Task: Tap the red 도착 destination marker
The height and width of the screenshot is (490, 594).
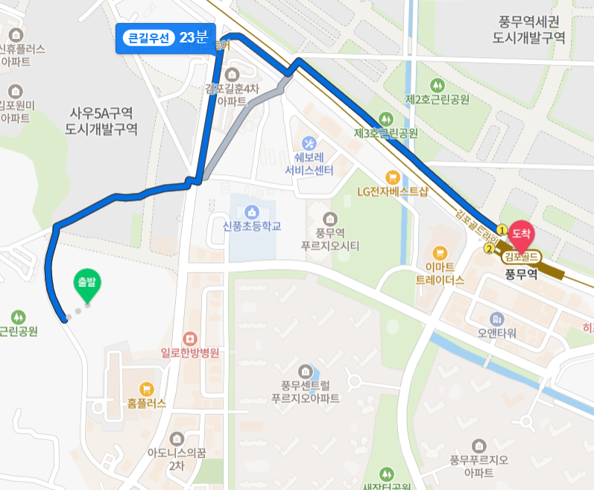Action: click(521, 235)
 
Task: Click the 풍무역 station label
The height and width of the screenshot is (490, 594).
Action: click(521, 274)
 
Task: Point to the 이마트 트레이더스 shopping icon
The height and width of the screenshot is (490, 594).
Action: click(440, 252)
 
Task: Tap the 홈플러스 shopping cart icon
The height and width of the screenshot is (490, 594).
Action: click(146, 387)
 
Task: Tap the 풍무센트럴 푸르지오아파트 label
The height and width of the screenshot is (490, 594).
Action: click(305, 392)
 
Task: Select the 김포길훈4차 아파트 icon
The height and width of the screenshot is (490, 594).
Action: click(231, 74)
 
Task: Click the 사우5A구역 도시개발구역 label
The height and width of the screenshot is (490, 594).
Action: click(101, 121)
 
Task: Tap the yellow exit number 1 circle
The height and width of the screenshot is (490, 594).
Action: click(502, 229)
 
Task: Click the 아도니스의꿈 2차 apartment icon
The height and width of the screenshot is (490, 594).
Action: click(176, 437)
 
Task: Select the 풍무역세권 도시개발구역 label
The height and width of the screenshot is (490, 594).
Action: click(529, 30)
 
